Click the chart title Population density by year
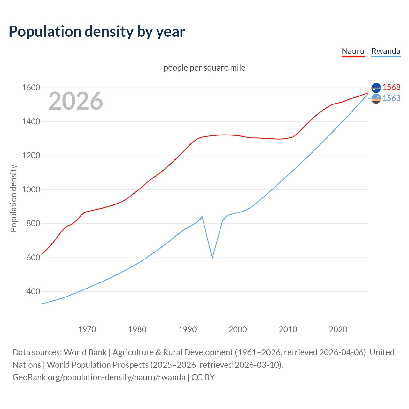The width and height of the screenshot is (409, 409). click(97, 32)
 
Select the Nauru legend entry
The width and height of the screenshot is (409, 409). click(353, 51)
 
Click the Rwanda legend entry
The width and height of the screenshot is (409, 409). click(386, 51)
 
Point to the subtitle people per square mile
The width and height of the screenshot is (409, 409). click(204, 68)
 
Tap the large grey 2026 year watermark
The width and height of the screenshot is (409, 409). click(76, 101)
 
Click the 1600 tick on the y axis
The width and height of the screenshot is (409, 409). click(31, 88)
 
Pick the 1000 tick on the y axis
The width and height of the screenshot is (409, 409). click(31, 189)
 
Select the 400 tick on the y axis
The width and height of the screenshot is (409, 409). click(33, 291)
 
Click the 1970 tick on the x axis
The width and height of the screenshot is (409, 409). click(87, 329)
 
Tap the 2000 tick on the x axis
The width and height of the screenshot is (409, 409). click(237, 329)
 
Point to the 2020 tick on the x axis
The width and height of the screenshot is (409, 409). click(338, 329)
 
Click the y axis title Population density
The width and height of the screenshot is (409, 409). click(13, 198)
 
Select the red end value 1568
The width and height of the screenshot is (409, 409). click(391, 87)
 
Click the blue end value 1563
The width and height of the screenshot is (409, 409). click(391, 98)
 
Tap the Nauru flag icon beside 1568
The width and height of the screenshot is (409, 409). click(376, 88)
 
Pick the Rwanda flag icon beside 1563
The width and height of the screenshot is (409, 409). click(376, 99)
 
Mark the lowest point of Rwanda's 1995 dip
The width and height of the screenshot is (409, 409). click(212, 258)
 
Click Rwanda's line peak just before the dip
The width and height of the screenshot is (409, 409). click(202, 217)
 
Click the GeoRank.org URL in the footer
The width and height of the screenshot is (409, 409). click(99, 377)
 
